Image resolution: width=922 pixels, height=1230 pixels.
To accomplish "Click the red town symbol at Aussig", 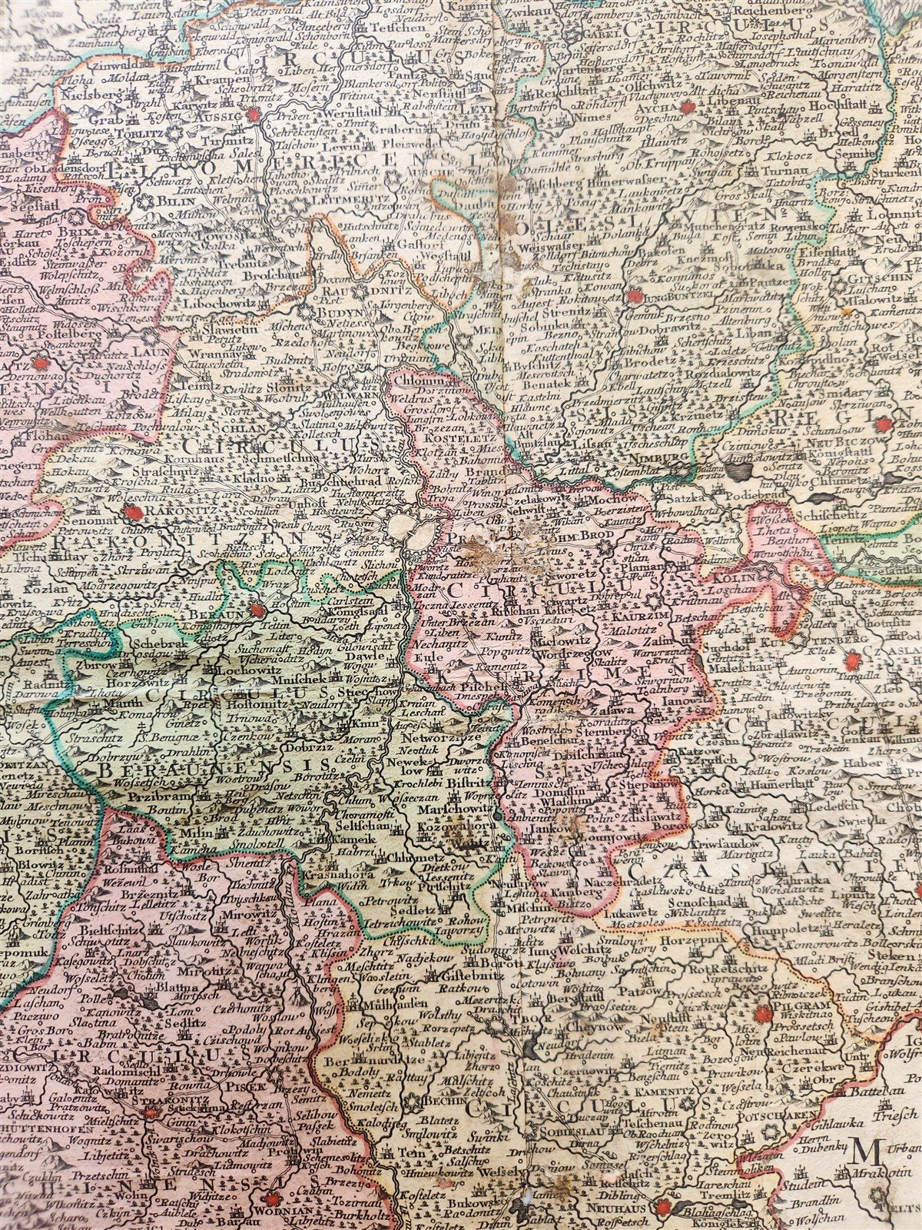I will tap(253, 115).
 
